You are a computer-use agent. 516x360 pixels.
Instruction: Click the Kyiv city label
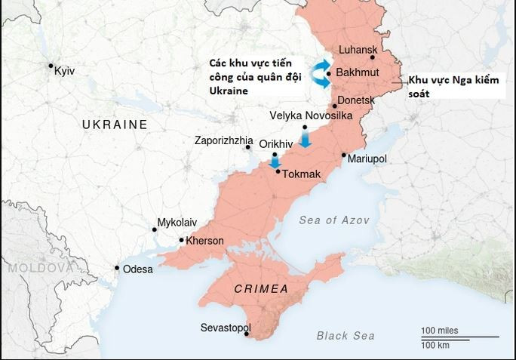coord(66,71)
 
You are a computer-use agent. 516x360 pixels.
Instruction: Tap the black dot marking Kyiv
coord(51,66)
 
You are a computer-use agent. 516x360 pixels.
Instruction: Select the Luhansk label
coord(358,50)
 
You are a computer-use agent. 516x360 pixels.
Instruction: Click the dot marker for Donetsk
coord(335,106)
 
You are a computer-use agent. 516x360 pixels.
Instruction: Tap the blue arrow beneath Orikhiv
coord(275,161)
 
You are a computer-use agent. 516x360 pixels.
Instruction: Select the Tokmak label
coord(302,174)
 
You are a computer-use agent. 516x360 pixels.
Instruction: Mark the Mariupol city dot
coord(344,155)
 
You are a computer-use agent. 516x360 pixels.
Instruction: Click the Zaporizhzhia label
coord(224,140)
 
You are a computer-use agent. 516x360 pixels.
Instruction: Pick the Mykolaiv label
coord(177,223)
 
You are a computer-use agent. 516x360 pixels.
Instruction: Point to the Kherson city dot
coord(181,240)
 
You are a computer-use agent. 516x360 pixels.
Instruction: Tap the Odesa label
coord(137,269)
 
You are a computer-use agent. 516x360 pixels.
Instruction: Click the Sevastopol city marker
coord(247,334)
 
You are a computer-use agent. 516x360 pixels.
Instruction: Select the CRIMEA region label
coord(261,289)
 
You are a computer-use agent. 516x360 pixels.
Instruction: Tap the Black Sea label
coord(346,336)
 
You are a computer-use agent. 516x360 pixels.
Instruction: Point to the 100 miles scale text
coord(440,331)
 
